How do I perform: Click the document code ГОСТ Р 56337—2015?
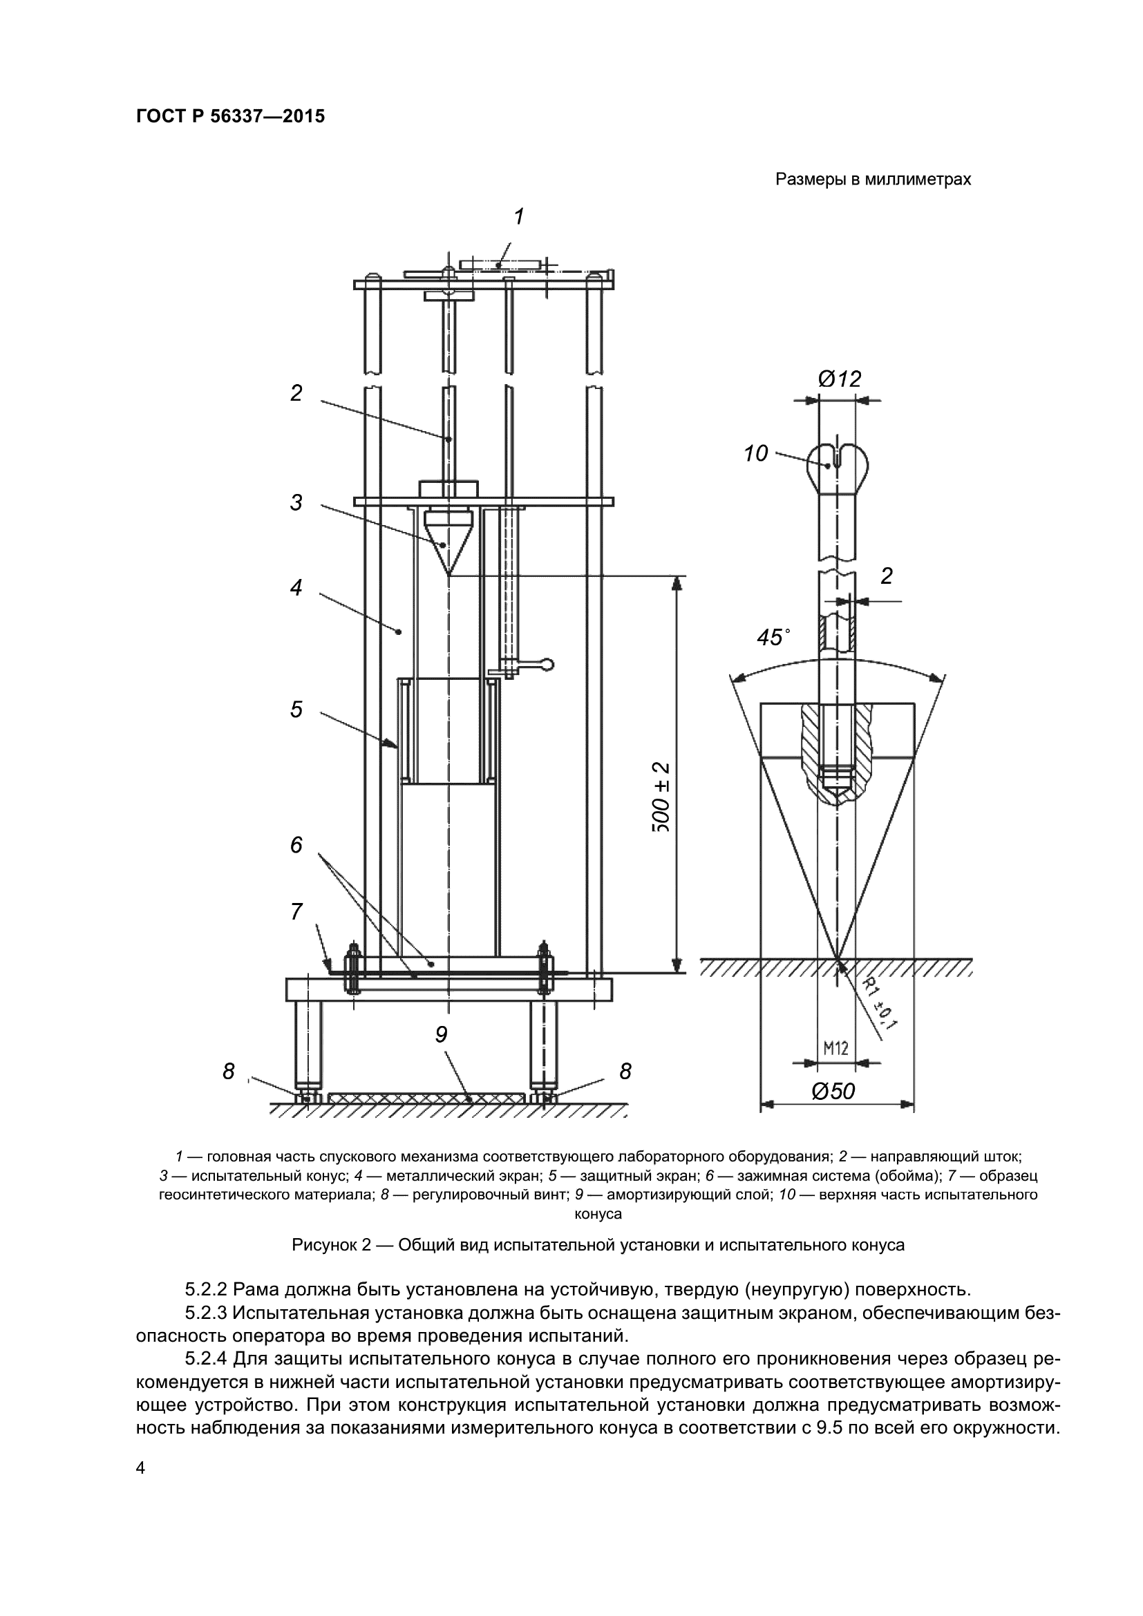click(x=230, y=117)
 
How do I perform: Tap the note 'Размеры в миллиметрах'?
click(x=873, y=180)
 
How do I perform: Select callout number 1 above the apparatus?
click(x=519, y=217)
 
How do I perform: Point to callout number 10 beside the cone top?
click(x=757, y=454)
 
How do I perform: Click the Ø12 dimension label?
click(x=839, y=379)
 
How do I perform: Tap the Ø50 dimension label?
click(x=833, y=1091)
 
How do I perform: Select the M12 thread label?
click(x=835, y=1048)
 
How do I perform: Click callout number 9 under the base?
click(x=442, y=1034)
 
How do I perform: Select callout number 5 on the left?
click(x=296, y=710)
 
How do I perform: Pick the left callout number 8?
click(x=228, y=1072)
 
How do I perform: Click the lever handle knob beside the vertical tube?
click(x=548, y=663)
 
